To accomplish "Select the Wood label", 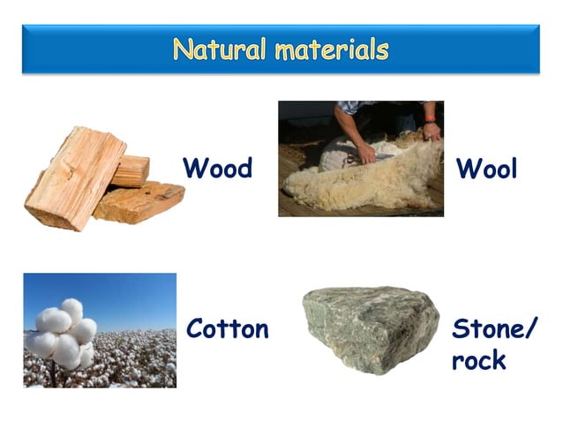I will click(x=217, y=167).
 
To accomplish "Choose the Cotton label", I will click(x=227, y=329).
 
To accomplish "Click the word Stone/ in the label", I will click(x=493, y=329).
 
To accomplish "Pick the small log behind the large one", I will click(x=131, y=170).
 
